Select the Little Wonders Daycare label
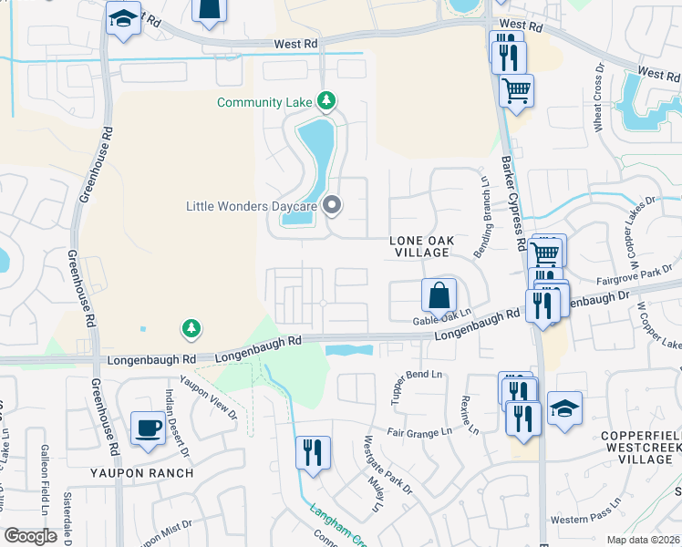[251, 206]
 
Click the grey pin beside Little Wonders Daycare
[333, 206]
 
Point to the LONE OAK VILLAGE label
[420, 245]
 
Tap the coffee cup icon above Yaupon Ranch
[148, 428]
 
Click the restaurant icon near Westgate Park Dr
[313, 452]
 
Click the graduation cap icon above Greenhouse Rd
[122, 18]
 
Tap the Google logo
[30, 536]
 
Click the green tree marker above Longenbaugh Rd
[191, 327]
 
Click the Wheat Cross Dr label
[600, 98]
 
